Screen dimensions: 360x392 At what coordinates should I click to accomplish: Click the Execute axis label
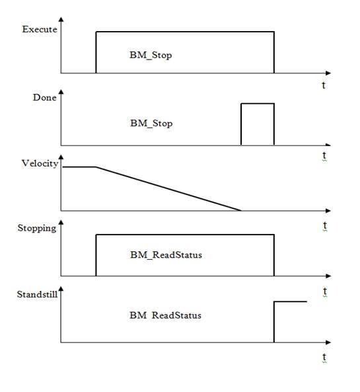(x=40, y=29)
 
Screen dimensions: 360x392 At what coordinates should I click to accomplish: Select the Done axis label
(x=44, y=97)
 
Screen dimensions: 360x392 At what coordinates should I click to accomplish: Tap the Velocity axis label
(x=40, y=163)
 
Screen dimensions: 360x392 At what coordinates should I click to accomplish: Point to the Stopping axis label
(x=37, y=229)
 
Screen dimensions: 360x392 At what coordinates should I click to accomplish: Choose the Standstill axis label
(x=37, y=294)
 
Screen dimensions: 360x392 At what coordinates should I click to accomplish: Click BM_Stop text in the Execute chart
(x=151, y=56)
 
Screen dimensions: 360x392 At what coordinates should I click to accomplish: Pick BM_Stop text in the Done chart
(x=151, y=124)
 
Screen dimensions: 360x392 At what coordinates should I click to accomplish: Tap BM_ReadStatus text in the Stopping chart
(x=166, y=255)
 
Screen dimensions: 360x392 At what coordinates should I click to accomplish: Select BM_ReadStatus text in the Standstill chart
(x=165, y=315)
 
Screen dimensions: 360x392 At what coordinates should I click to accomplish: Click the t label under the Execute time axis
(x=324, y=85)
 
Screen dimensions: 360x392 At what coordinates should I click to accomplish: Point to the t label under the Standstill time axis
(x=324, y=358)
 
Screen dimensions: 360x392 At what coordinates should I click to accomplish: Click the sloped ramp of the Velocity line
(x=168, y=189)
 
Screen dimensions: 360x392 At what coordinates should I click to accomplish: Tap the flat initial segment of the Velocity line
(x=79, y=167)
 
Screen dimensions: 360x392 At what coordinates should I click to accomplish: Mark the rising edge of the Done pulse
(x=241, y=124)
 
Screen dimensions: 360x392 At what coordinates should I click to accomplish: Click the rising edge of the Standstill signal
(x=274, y=322)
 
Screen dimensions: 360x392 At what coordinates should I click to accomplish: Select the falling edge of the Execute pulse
(x=274, y=52)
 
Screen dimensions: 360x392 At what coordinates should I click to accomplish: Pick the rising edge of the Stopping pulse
(x=96, y=255)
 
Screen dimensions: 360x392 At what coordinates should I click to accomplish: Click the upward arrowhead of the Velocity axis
(x=61, y=157)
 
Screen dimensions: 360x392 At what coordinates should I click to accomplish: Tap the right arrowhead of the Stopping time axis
(x=328, y=276)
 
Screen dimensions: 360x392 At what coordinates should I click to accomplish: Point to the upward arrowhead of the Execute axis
(x=61, y=19)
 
